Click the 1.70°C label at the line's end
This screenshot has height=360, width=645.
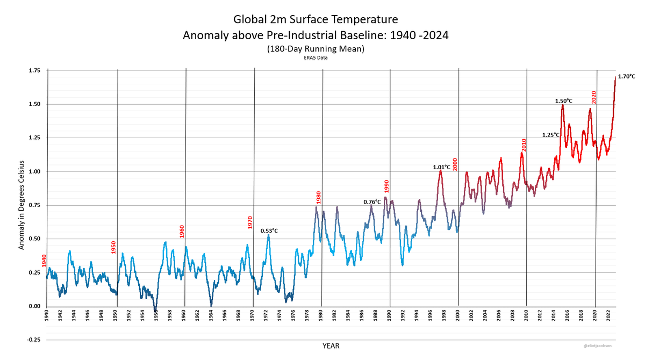(627, 76)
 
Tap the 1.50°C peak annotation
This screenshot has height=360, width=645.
(563, 100)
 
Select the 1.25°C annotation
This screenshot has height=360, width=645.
(551, 134)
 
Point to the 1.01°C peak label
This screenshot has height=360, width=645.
(441, 167)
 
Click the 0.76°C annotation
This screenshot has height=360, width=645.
(372, 201)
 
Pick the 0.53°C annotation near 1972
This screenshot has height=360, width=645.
(269, 231)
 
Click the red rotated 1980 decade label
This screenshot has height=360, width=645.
(319, 197)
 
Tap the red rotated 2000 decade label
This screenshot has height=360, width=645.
(455, 164)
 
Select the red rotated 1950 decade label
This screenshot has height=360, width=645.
(113, 247)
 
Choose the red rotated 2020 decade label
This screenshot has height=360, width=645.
(594, 97)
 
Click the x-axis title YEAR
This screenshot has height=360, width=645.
(331, 346)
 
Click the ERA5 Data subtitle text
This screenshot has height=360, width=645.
(316, 57)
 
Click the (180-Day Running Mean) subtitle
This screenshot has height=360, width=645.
(316, 49)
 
